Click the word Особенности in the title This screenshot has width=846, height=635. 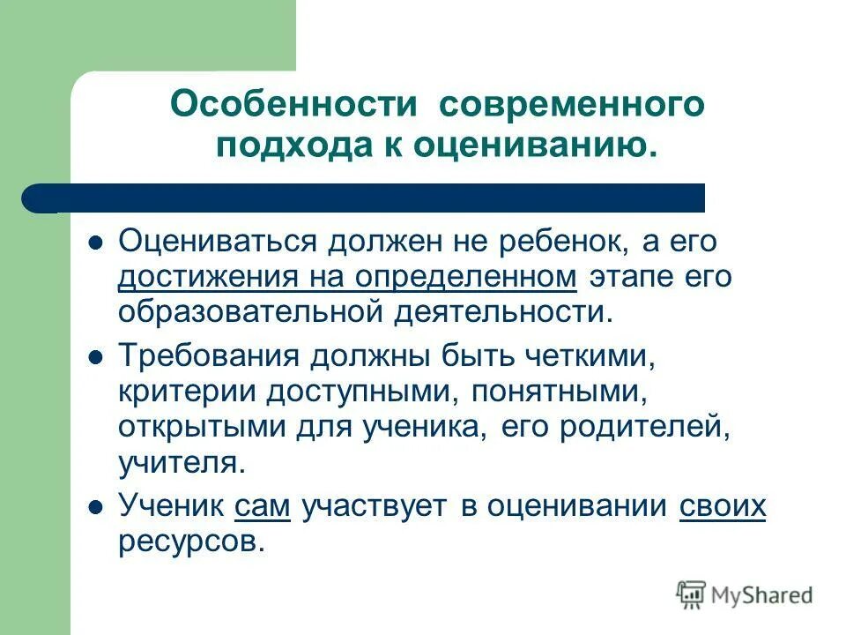click(293, 105)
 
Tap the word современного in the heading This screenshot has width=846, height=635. click(573, 105)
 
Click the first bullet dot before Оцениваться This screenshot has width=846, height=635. click(99, 241)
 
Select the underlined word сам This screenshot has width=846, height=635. click(257, 506)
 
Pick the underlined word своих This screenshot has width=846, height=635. click(723, 506)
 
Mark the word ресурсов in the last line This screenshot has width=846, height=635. click(191, 541)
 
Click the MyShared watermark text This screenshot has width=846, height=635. click(763, 595)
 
